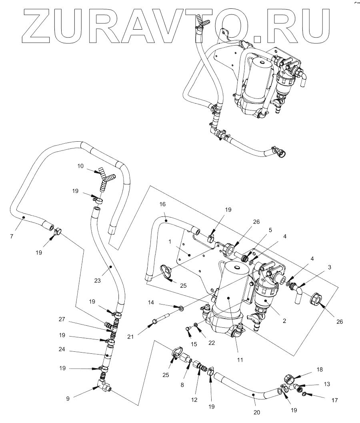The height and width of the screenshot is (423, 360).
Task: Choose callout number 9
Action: tap(68, 398)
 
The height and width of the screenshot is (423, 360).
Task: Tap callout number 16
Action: tap(162, 204)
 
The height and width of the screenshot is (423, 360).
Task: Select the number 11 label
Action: tap(240, 360)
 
